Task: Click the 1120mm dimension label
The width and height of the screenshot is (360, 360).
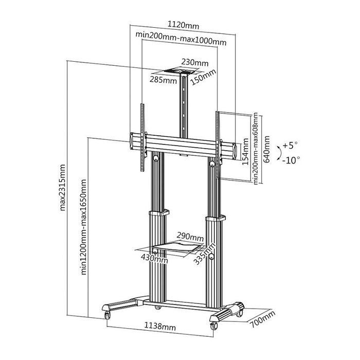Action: click(183, 25)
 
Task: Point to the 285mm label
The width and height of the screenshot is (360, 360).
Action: click(163, 80)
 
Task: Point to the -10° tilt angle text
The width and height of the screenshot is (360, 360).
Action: click(291, 160)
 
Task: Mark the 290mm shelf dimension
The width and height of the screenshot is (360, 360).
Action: click(190, 237)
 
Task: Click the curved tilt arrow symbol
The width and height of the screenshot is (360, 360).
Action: click(278, 153)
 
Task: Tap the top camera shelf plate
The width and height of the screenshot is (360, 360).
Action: click(183, 72)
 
